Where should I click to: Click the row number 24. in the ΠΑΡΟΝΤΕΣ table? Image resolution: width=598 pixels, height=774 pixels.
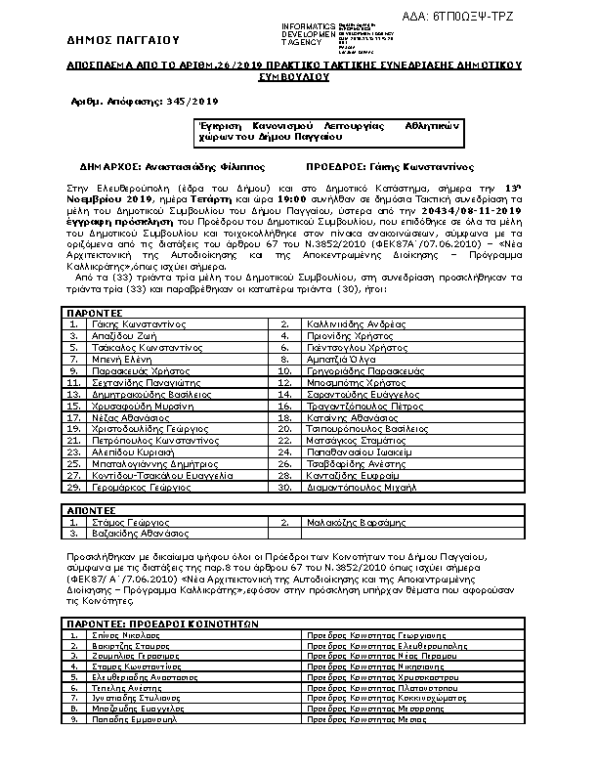(x=285, y=452)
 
